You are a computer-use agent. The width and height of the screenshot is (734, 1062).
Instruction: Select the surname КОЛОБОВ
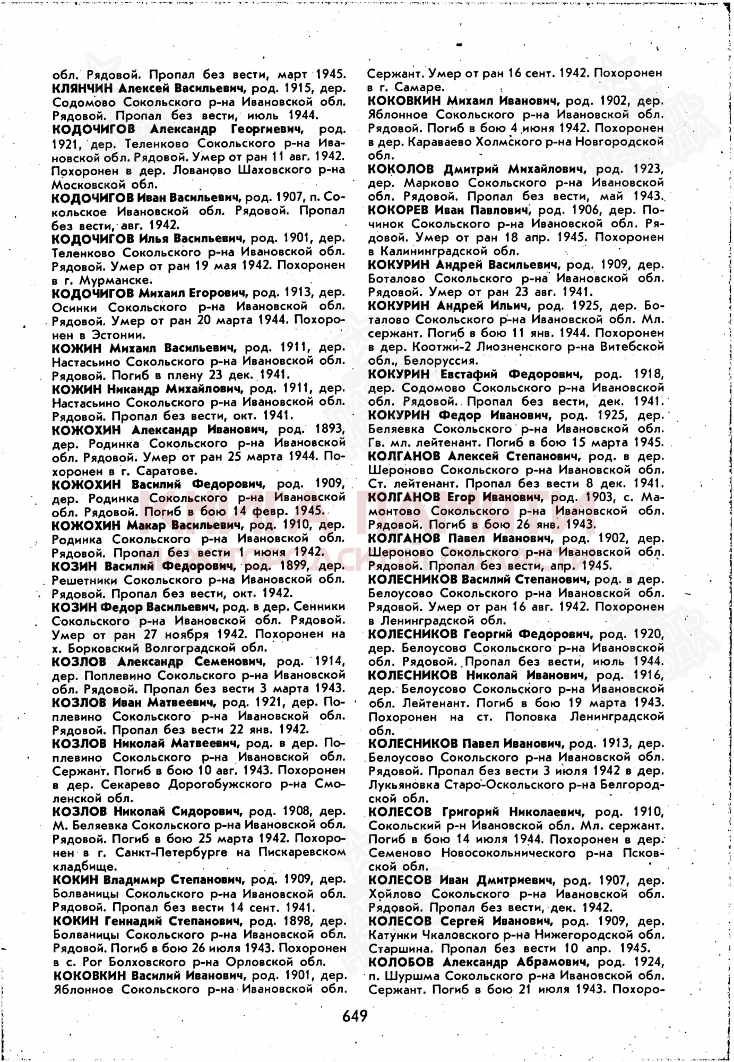pos(401,962)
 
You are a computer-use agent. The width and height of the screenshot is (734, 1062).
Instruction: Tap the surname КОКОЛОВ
pos(401,169)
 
